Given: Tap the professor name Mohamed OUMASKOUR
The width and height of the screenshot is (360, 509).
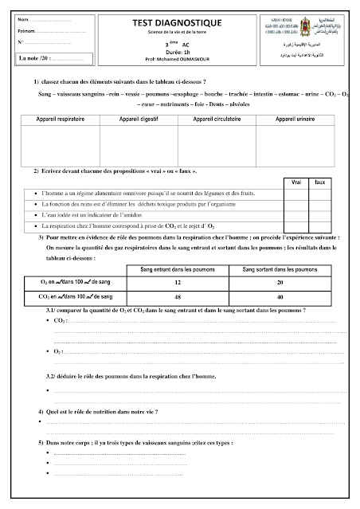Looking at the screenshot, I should (179, 59).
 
